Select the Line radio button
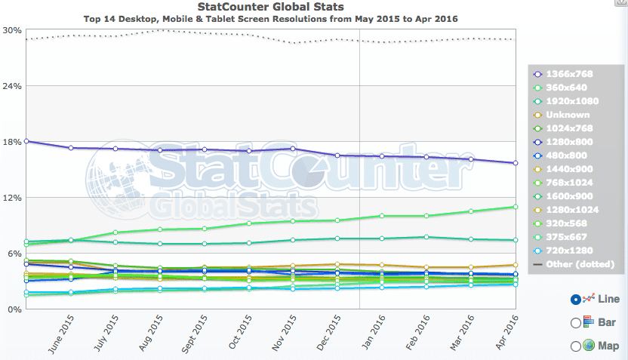point(577,299)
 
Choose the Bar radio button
point(577,323)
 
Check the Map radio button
point(577,346)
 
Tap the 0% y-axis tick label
point(14,309)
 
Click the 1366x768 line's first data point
point(26,141)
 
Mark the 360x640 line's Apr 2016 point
point(516,207)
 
